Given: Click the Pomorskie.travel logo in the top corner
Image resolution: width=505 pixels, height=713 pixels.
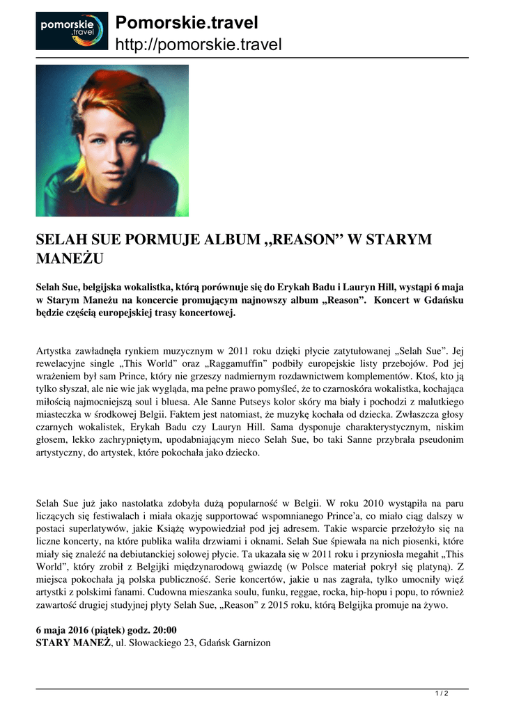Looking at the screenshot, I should coord(72,31).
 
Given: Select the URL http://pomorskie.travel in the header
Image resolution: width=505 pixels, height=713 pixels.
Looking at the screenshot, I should coord(198,45).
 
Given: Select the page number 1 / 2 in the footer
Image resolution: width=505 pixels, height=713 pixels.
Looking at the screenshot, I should coord(442,693).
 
